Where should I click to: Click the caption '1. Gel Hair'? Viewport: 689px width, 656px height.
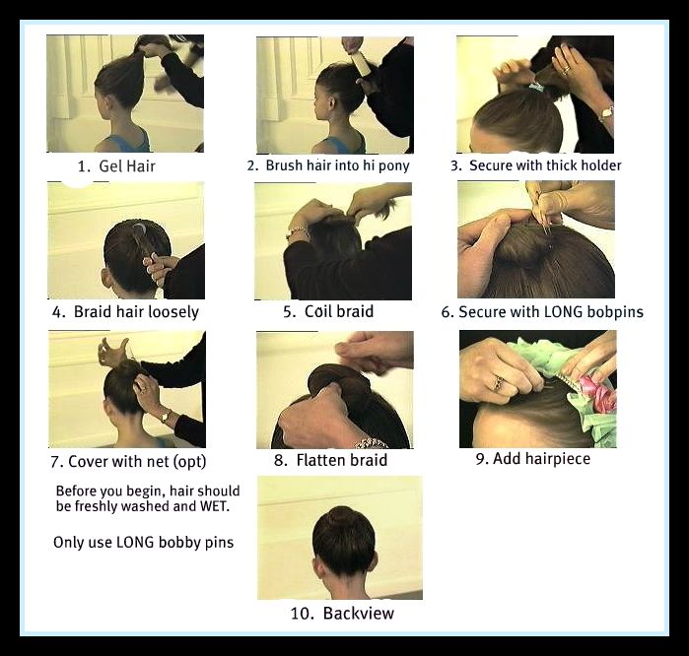pyautogui.click(x=116, y=166)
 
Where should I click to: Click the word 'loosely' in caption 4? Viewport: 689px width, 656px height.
pyautogui.click(x=173, y=312)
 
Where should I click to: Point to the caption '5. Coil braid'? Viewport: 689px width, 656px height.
pyautogui.click(x=328, y=311)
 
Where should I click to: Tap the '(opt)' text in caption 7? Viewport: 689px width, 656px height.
pyautogui.click(x=189, y=462)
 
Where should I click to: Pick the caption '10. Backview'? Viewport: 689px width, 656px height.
pyautogui.click(x=342, y=614)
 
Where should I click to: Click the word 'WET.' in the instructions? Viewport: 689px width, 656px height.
pyautogui.click(x=215, y=506)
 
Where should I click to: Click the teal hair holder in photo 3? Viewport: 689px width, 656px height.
pyautogui.click(x=536, y=87)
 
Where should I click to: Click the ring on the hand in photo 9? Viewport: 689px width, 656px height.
pyautogui.click(x=498, y=383)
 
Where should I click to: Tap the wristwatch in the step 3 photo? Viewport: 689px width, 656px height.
pyautogui.click(x=607, y=112)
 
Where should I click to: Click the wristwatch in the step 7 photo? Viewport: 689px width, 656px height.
pyautogui.click(x=166, y=415)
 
